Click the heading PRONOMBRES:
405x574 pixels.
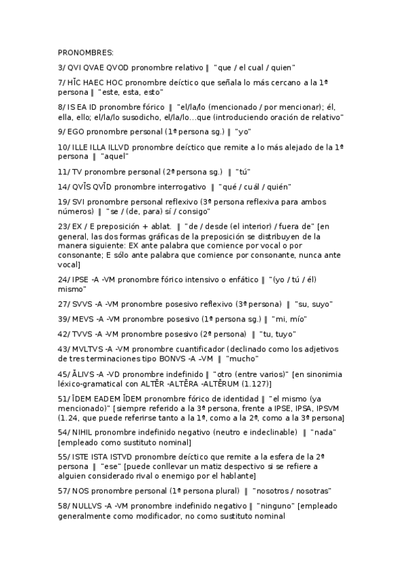point(86,52)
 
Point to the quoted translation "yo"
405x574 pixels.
point(239,131)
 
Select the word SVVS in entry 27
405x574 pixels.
point(82,304)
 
